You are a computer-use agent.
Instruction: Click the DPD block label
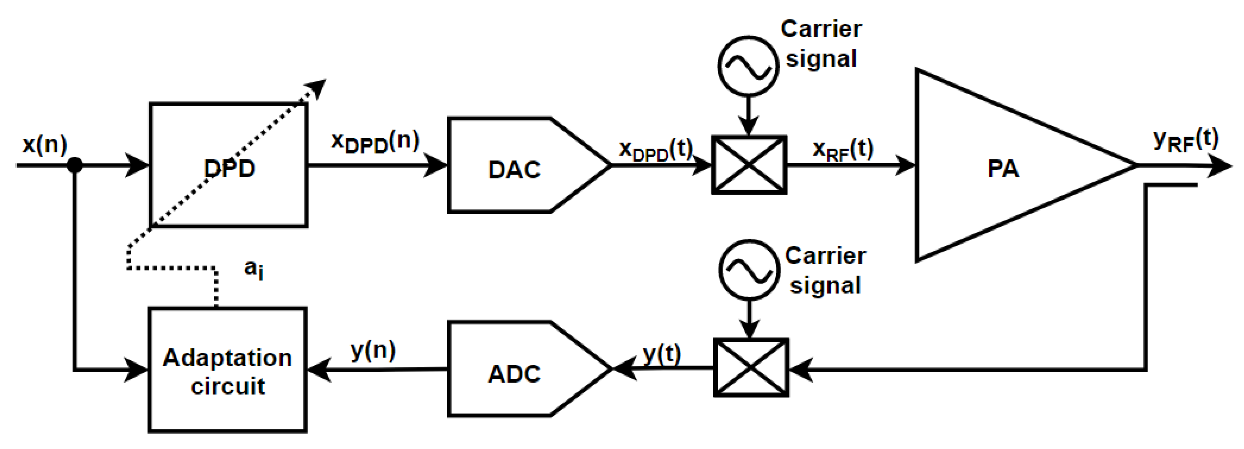tap(230, 168)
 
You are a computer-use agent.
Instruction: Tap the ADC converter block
tap(515, 374)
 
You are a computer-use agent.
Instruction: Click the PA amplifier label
tap(1003, 169)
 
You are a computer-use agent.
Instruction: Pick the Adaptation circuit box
tap(228, 370)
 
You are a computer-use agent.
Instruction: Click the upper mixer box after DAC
tap(748, 165)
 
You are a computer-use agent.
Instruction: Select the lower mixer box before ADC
tap(751, 368)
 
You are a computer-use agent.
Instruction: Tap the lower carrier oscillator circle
tap(749, 270)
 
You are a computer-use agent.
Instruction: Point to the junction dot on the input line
tap(74, 165)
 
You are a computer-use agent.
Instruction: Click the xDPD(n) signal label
tap(375, 142)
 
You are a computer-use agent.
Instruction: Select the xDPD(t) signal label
tap(656, 150)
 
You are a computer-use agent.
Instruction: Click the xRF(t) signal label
tap(843, 150)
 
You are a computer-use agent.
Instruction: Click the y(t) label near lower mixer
tap(661, 355)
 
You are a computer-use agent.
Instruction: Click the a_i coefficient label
tap(254, 269)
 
